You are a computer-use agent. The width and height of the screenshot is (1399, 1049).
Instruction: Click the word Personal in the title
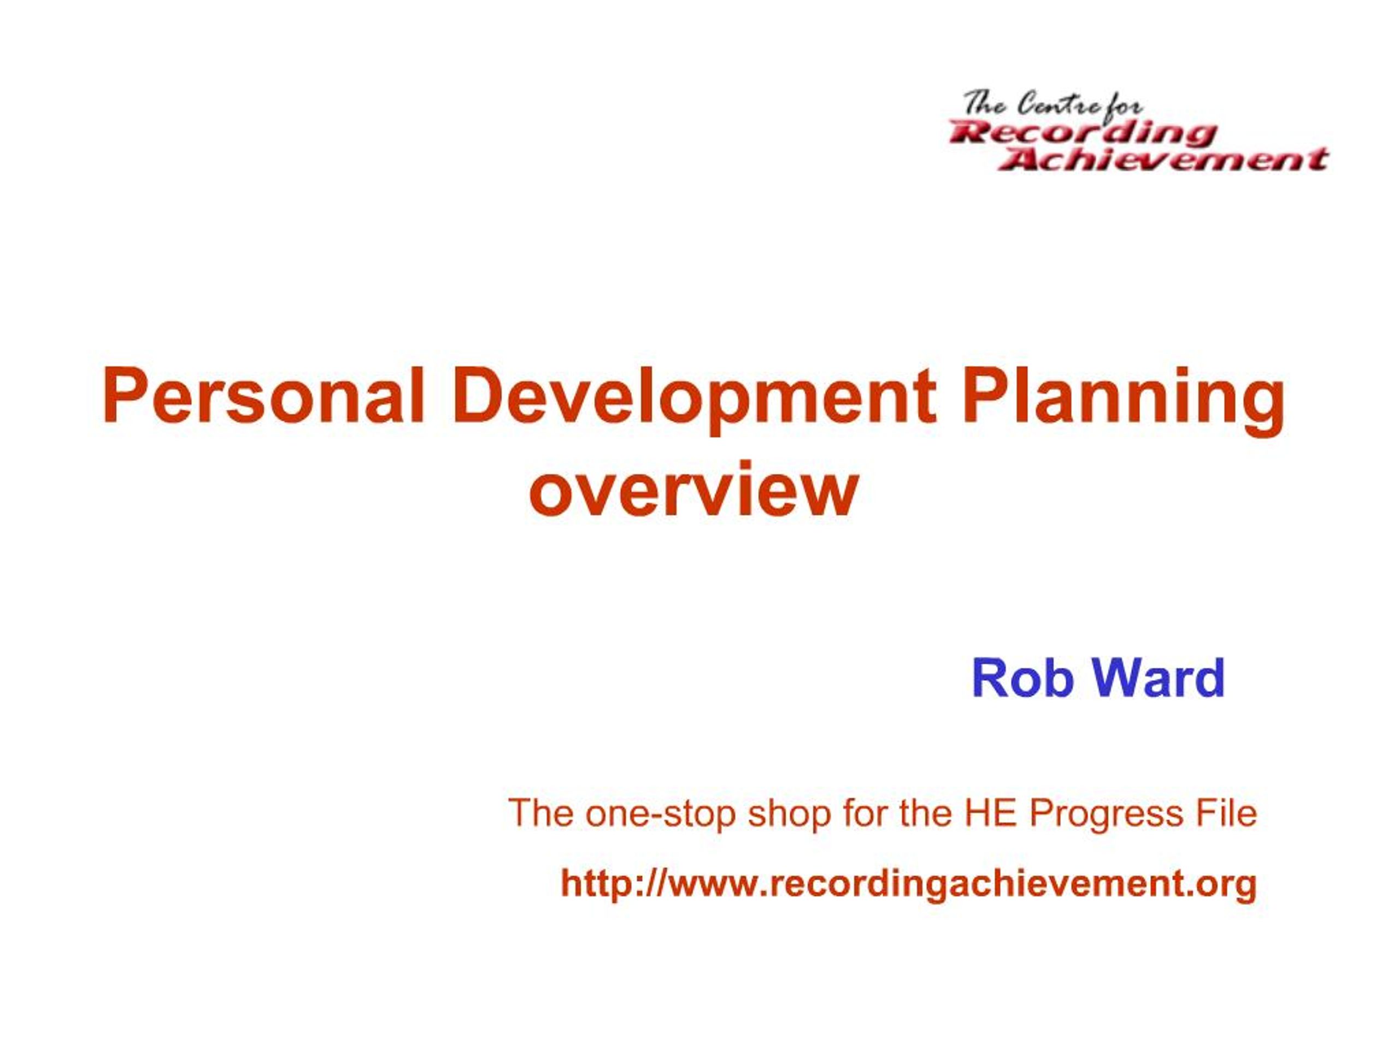262,398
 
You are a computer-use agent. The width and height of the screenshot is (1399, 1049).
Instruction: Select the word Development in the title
694,398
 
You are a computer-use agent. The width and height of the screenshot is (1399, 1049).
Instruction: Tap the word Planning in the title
1123,398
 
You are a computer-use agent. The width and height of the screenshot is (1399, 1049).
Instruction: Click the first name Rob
1022,678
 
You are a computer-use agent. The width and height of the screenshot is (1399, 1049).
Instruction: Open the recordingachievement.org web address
908,883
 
